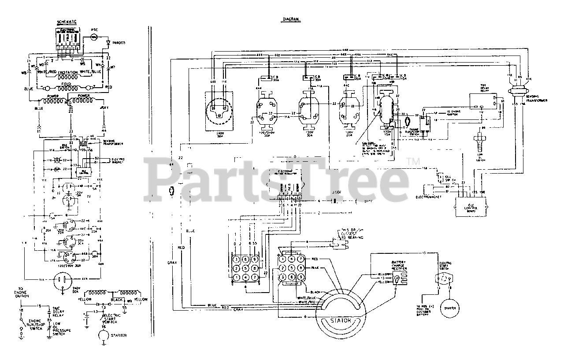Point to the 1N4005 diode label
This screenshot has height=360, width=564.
[x=119, y=43]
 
